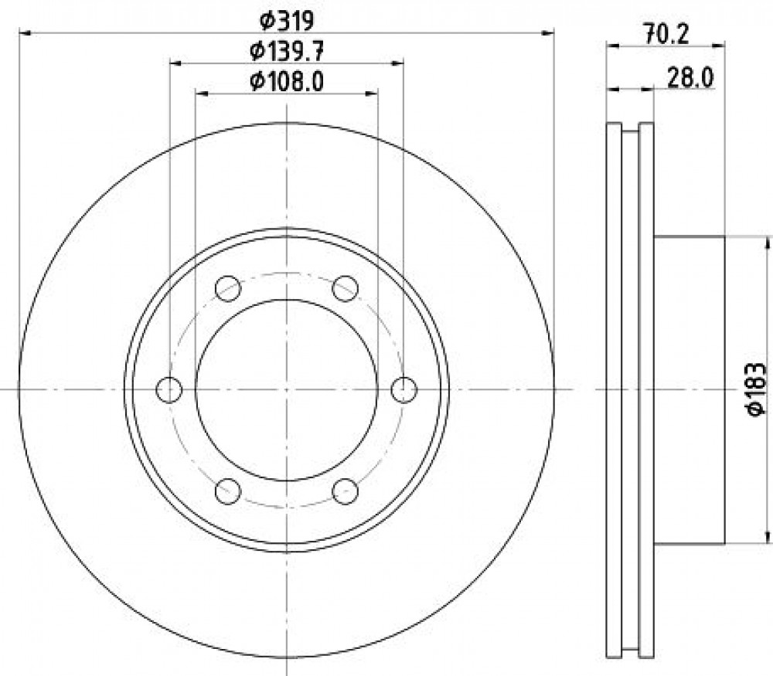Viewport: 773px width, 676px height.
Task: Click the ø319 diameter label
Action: coord(287,21)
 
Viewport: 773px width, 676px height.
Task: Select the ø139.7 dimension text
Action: coord(287,51)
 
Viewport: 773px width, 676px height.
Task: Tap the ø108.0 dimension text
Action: coord(287,81)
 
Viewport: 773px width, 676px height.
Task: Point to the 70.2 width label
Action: coord(666,35)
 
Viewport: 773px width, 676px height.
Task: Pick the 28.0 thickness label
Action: coord(690,78)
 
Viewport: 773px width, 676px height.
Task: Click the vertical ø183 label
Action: coord(756,389)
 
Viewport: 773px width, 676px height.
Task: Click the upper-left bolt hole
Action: coord(228,288)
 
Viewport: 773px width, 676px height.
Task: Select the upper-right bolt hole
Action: coord(345,288)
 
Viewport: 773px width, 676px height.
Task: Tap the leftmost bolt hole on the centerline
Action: coord(169,389)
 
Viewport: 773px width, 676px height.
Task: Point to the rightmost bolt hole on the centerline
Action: coord(404,389)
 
